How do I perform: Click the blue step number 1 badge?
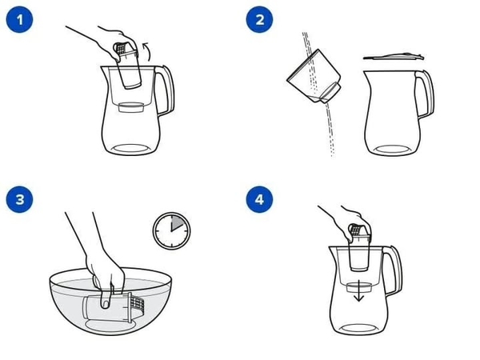[x=19, y=19]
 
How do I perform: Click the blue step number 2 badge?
[x=259, y=19]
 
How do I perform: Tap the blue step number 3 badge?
[x=19, y=199]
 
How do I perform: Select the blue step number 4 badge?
[x=259, y=199]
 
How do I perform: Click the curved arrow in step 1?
[x=148, y=51]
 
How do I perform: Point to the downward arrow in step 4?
[x=358, y=291]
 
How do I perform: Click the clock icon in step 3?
[x=171, y=231]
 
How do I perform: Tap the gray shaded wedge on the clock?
[x=177, y=223]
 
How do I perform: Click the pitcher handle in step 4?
[x=394, y=270]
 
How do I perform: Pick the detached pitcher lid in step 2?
[x=394, y=56]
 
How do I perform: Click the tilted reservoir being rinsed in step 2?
[x=314, y=77]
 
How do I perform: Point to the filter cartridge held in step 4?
[x=359, y=247]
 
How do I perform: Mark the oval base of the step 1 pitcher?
[x=131, y=149]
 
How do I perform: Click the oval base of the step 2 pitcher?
[x=393, y=150]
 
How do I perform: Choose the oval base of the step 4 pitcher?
[x=359, y=329]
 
